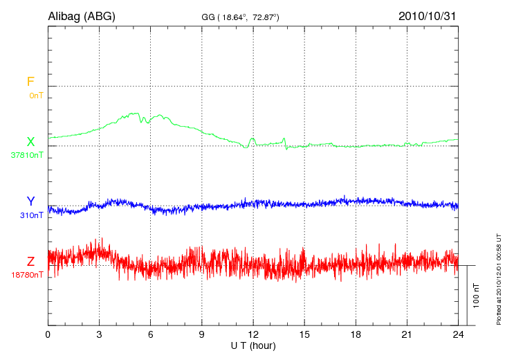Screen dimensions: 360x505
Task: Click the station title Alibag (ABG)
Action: click(x=81, y=16)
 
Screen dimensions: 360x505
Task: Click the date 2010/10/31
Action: click(x=427, y=16)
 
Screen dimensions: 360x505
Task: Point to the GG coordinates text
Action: click(x=239, y=17)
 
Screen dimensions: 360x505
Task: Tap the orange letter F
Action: click(x=30, y=82)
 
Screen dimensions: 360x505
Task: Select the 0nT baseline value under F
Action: click(x=36, y=95)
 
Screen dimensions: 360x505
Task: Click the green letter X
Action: click(x=30, y=142)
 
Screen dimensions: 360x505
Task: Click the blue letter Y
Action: click(x=30, y=201)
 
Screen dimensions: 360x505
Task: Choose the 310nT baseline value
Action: click(x=32, y=215)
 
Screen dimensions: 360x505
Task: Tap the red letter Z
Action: click(x=30, y=262)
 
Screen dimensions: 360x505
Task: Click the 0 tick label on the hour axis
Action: click(x=48, y=334)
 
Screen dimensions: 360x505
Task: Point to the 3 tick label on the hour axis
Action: click(x=99, y=334)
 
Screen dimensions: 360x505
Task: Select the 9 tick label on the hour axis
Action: click(x=201, y=334)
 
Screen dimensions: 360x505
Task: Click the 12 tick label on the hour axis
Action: click(x=252, y=334)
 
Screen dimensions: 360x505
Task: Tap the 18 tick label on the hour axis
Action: click(x=355, y=334)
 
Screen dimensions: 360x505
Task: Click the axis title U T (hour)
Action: click(x=252, y=345)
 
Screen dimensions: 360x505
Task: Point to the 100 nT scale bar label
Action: click(x=476, y=295)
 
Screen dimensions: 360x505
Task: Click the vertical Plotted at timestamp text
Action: click(x=499, y=277)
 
